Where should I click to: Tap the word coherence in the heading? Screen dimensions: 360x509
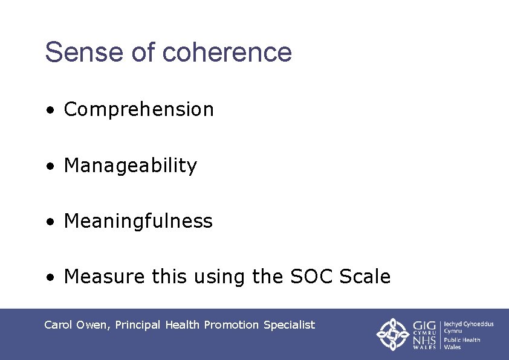click(227, 52)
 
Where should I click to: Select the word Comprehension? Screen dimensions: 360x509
click(138, 109)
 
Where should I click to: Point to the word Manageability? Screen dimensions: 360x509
click(130, 165)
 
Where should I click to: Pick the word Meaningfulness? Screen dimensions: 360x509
click(138, 221)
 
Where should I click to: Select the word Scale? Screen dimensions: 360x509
click(365, 277)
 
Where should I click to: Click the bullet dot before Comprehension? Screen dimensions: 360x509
click(53, 111)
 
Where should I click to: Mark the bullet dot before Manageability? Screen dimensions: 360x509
click(53, 166)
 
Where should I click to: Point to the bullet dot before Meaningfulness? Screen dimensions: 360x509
click(53, 222)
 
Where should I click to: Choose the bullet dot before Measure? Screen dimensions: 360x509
click(53, 278)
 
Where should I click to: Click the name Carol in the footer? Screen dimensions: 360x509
click(59, 325)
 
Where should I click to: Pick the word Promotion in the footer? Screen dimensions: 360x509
click(231, 325)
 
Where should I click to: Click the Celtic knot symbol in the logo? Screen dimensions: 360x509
click(393, 334)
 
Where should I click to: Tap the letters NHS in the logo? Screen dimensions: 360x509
click(425, 341)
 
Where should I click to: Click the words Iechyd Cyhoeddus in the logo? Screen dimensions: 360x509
click(468, 324)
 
